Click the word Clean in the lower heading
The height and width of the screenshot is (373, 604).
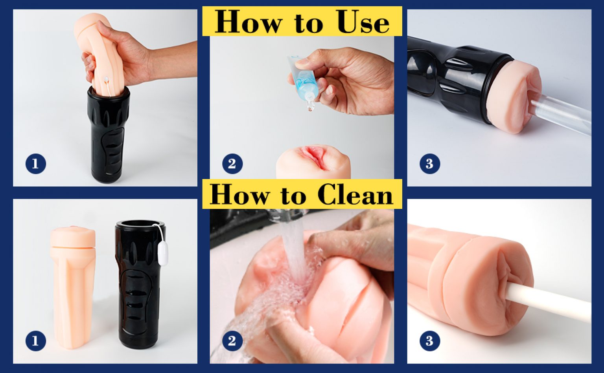click(355, 194)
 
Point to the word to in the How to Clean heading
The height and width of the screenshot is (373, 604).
click(293, 196)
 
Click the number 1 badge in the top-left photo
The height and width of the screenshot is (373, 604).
click(36, 164)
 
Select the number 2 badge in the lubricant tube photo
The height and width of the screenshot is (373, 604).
click(232, 164)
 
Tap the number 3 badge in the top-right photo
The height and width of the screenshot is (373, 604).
click(430, 164)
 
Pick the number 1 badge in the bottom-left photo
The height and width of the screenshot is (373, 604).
click(36, 341)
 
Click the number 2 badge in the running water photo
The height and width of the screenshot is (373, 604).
click(232, 341)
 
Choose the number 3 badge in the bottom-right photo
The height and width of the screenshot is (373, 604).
click(430, 341)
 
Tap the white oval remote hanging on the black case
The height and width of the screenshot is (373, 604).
click(162, 253)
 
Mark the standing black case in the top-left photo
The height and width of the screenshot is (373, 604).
click(109, 135)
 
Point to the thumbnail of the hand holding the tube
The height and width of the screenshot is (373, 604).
click(300, 63)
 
